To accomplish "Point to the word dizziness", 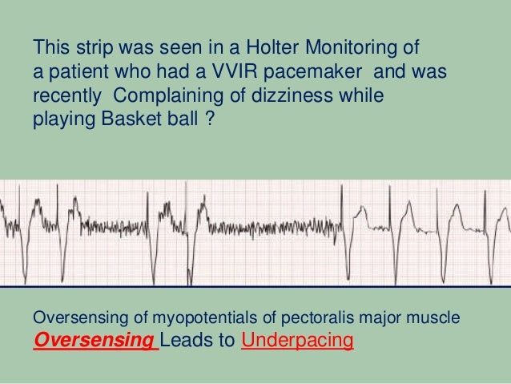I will [x=302, y=100].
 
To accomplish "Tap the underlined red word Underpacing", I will [x=296, y=342].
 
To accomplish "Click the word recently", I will [x=63, y=100].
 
